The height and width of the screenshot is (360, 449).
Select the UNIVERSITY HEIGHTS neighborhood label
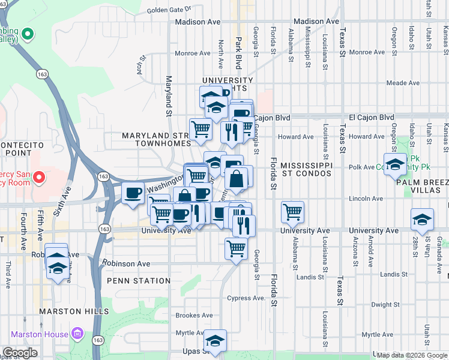click(228, 85)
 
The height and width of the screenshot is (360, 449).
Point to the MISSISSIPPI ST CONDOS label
click(306, 169)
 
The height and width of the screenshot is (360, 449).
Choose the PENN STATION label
click(139, 281)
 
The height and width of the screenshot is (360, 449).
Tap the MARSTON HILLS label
click(74, 311)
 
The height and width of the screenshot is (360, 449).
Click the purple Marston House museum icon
click(76, 333)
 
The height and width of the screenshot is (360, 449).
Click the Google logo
click(20, 353)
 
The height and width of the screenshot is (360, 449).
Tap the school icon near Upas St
click(214, 341)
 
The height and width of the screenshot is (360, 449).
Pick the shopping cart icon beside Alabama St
click(292, 211)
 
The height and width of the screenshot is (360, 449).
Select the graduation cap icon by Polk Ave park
click(394, 164)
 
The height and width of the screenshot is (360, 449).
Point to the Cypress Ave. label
click(246, 298)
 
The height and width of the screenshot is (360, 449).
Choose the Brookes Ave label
click(194, 315)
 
